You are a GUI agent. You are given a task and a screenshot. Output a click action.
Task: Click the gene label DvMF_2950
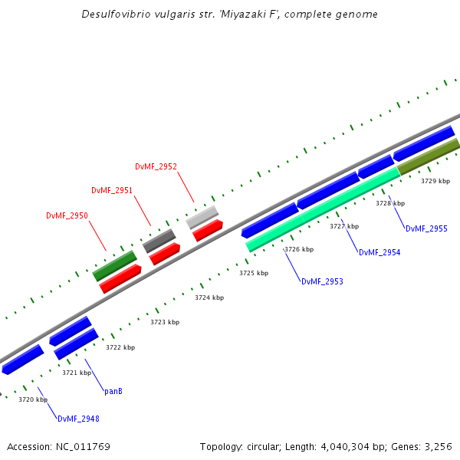[67, 215]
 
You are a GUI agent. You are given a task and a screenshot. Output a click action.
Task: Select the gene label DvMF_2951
[112, 190]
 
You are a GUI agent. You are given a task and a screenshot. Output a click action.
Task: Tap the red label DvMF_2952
[156, 166]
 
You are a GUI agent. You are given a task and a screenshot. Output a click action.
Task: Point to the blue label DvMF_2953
[322, 282]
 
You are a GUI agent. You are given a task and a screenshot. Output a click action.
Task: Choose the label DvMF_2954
[379, 252]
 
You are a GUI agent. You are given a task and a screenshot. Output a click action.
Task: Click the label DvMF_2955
[426, 228]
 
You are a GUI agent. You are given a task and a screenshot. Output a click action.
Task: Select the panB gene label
[113, 391]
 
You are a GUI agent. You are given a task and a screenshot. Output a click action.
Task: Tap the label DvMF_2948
[78, 419]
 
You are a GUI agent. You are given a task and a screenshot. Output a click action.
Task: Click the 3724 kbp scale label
[209, 297]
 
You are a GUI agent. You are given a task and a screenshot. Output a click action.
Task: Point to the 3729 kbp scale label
[435, 181]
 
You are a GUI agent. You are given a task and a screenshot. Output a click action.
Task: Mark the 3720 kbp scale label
[33, 399]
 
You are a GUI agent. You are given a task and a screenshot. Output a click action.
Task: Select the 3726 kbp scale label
[299, 249]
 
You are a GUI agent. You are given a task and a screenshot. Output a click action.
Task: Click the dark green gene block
[114, 266]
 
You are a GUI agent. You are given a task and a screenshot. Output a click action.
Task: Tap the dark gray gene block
[159, 241]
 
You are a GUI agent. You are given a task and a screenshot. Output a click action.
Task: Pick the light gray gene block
[202, 218]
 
